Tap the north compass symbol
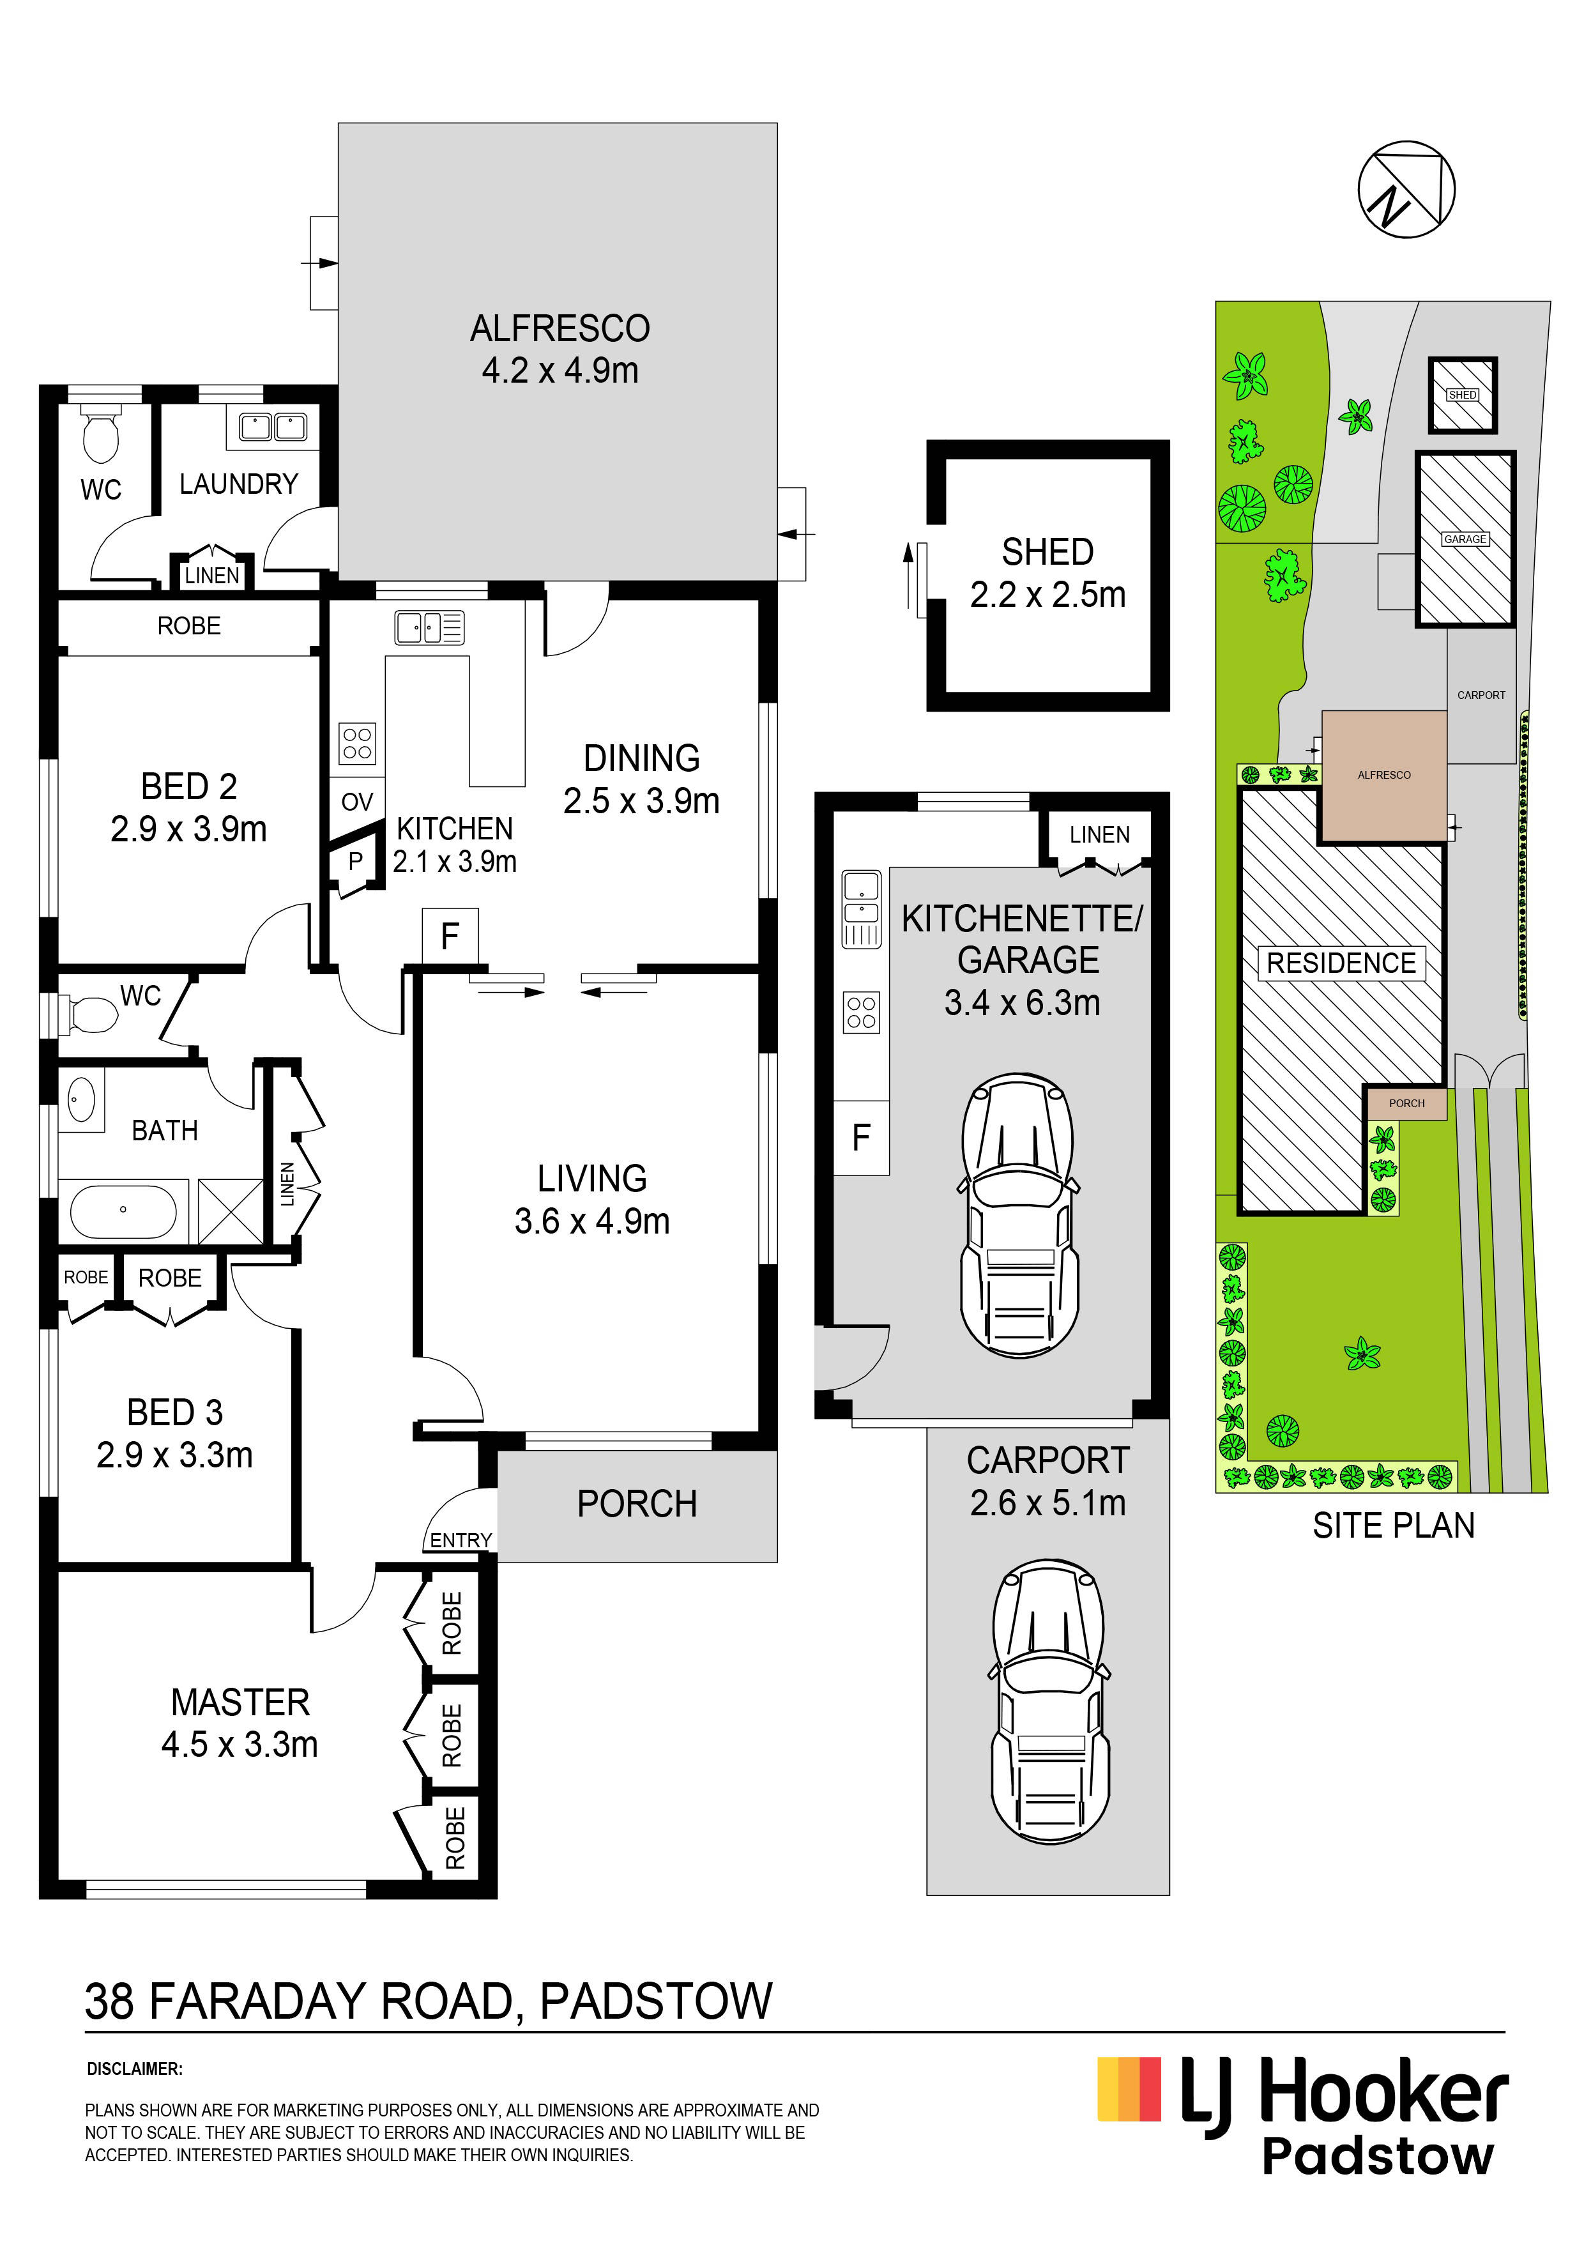[x=1406, y=189]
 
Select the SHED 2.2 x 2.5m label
[x=1047, y=573]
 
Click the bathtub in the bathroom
[x=123, y=1211]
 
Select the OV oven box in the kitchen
[x=357, y=801]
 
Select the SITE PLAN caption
[x=1393, y=1526]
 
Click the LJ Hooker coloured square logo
[x=1129, y=2090]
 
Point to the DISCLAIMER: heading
[x=135, y=2069]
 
